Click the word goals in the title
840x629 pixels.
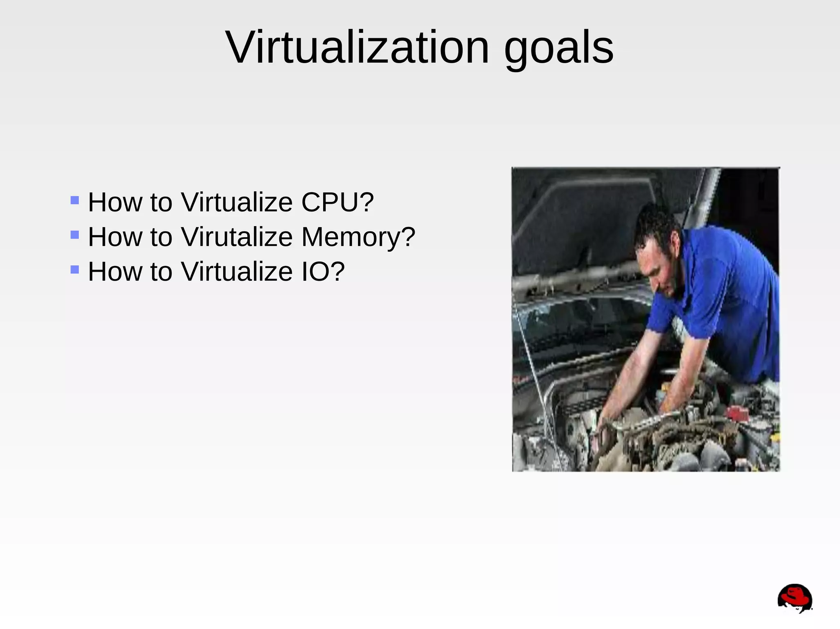(x=559, y=48)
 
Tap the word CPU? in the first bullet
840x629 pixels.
(x=338, y=202)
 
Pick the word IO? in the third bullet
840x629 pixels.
(x=323, y=272)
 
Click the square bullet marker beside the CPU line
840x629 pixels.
(x=75, y=200)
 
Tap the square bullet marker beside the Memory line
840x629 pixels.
(x=75, y=235)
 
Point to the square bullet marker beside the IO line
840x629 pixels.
(x=75, y=270)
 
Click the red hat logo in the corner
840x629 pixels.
(x=794, y=598)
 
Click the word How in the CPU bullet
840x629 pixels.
(x=115, y=202)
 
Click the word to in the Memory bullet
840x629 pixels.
(x=161, y=237)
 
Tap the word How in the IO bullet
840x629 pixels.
(x=115, y=272)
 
